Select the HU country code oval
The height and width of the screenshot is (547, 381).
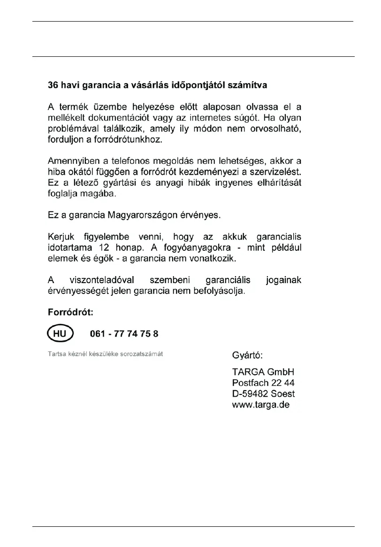point(61,334)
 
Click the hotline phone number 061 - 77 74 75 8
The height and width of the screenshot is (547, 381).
point(124,334)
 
